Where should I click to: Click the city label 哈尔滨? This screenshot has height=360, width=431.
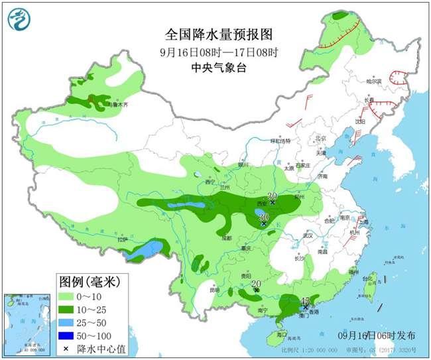pos(375,82)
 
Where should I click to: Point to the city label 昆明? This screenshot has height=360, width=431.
pos(213,290)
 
